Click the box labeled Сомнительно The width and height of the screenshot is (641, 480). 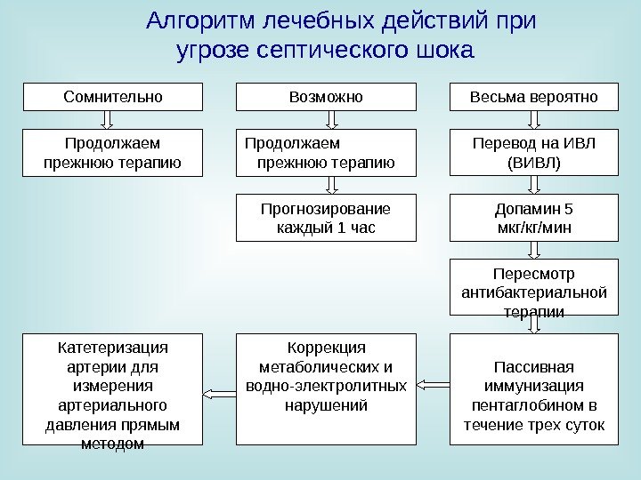(x=112, y=96)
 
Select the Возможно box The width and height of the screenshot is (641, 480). (x=326, y=96)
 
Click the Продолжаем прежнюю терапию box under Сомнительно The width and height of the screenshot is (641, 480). (x=112, y=152)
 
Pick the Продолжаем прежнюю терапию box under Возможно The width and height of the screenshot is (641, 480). (x=326, y=152)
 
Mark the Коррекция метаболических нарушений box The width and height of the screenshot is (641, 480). (x=326, y=389)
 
